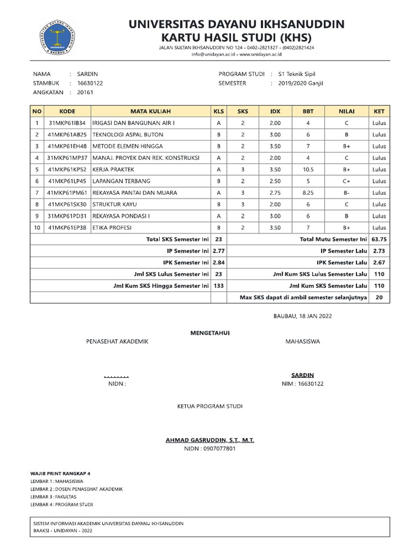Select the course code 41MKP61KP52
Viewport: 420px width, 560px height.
(x=67, y=170)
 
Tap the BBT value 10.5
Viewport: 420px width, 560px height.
(x=308, y=170)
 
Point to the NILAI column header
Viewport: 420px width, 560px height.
(x=347, y=111)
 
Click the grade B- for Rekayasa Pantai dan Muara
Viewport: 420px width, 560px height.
(x=347, y=192)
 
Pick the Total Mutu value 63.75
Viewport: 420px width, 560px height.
(x=378, y=239)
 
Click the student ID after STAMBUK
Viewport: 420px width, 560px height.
(x=90, y=83)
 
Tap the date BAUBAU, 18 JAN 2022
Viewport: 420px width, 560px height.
(x=302, y=316)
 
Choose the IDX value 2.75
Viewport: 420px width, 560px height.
(x=275, y=192)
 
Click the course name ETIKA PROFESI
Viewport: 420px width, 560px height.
(x=112, y=227)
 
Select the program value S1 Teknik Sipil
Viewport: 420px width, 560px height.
(x=297, y=74)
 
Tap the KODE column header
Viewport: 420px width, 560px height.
(x=67, y=111)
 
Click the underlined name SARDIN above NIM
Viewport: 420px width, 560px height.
(x=302, y=375)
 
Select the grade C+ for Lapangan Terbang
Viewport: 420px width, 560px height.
(x=347, y=181)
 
